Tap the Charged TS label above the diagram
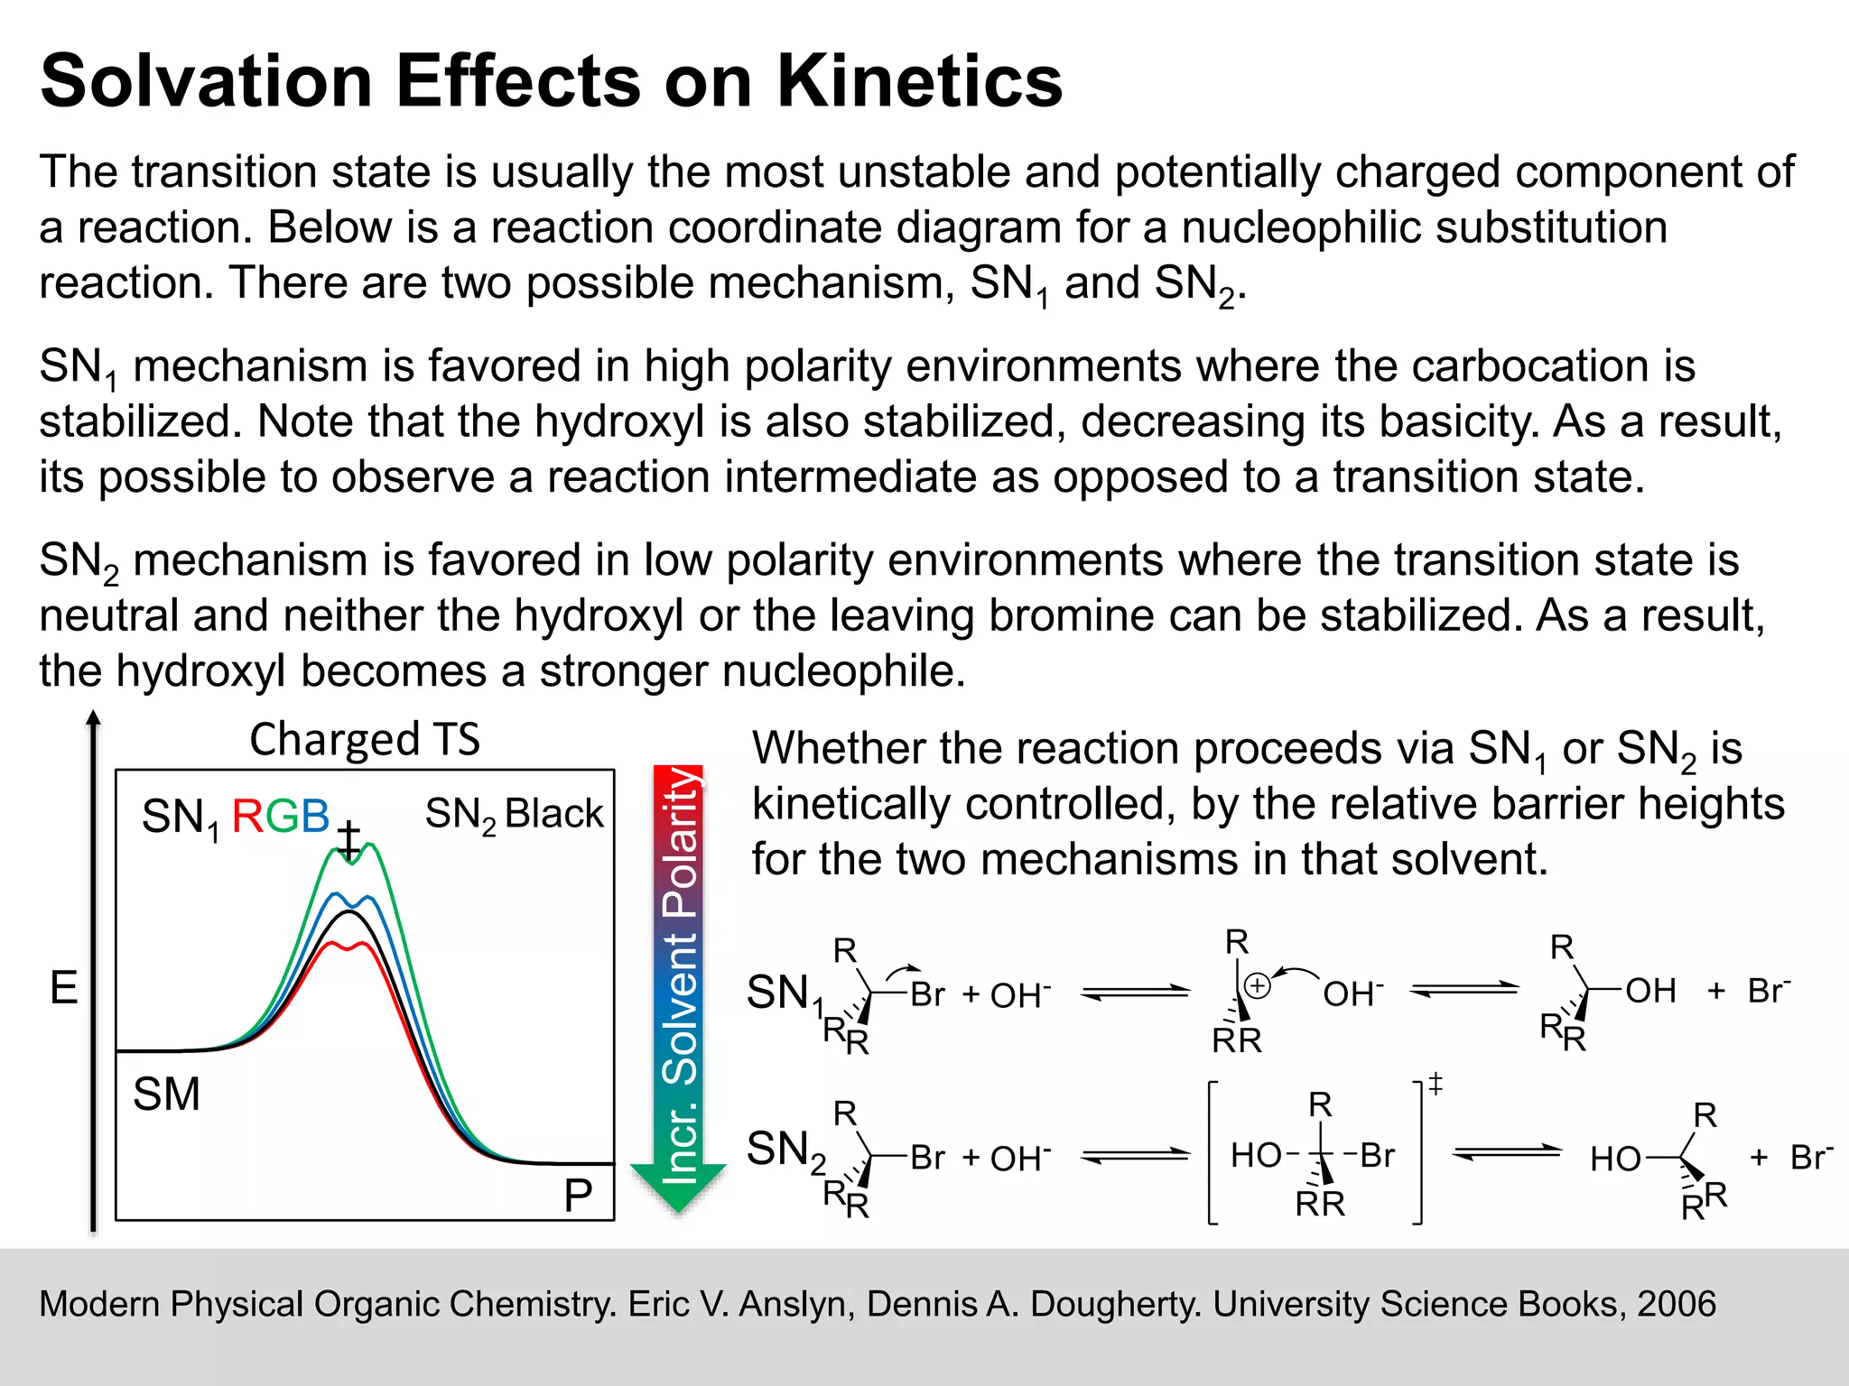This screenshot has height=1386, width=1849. click(365, 739)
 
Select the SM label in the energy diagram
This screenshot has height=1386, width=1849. click(166, 1095)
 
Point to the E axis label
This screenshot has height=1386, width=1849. click(63, 987)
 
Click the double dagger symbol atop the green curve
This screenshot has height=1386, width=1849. click(349, 841)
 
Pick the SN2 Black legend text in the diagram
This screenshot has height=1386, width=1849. click(514, 814)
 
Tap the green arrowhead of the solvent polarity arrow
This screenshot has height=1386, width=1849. click(678, 1186)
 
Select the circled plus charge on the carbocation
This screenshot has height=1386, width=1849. click(1258, 986)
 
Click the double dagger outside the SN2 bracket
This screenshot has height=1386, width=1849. click(1436, 1083)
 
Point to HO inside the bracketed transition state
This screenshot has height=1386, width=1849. click(1256, 1155)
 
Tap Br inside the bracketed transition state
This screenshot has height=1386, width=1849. click(1377, 1155)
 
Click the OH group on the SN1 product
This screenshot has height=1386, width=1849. click(1650, 991)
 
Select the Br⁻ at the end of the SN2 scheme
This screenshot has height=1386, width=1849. click(1811, 1156)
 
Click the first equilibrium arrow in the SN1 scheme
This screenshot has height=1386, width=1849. click(1136, 993)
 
